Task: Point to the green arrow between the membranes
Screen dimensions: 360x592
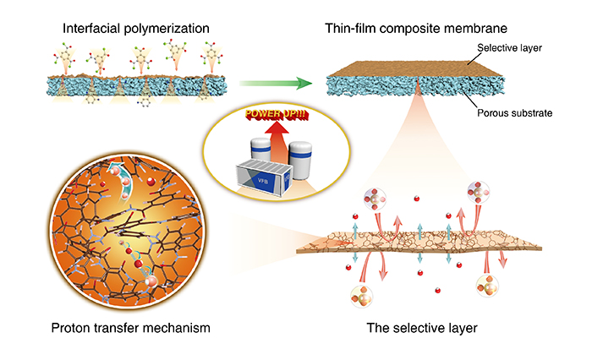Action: (x=270, y=84)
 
